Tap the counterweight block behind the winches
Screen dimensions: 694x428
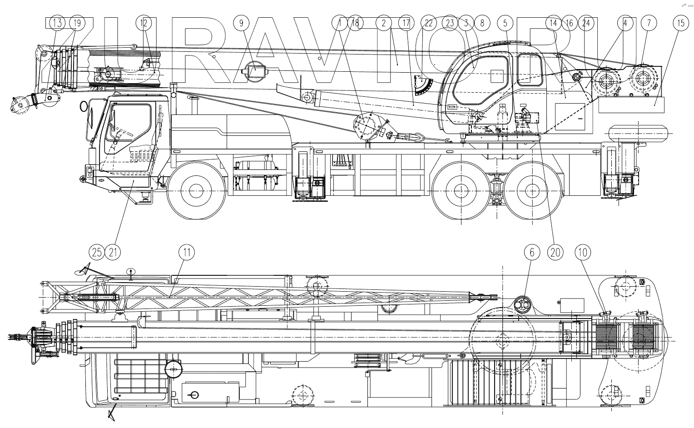click(x=631, y=105)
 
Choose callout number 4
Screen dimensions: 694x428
click(x=625, y=23)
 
